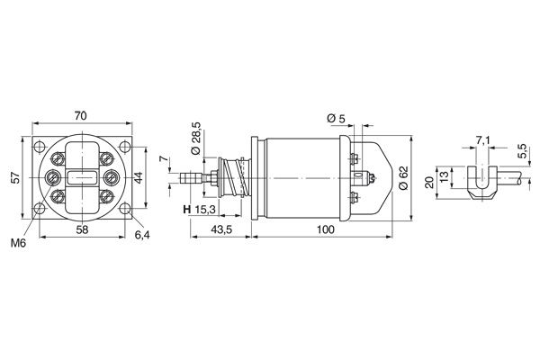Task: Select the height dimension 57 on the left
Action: pos(13,177)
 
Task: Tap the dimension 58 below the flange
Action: pos(81,231)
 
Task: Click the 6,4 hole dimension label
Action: pos(142,235)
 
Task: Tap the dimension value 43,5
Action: pos(221,231)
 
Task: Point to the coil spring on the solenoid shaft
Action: pos(234,176)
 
